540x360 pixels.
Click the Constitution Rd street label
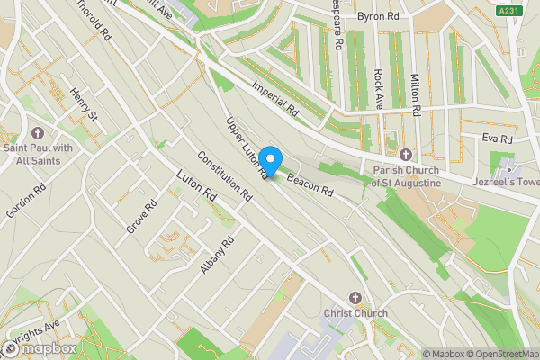click(x=224, y=175)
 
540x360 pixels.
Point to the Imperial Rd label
click(x=275, y=99)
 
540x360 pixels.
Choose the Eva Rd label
click(x=496, y=139)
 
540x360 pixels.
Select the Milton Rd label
click(x=415, y=95)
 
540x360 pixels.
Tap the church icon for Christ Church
click(x=355, y=298)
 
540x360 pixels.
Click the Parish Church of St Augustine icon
click(x=405, y=155)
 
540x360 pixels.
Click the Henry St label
click(x=83, y=104)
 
